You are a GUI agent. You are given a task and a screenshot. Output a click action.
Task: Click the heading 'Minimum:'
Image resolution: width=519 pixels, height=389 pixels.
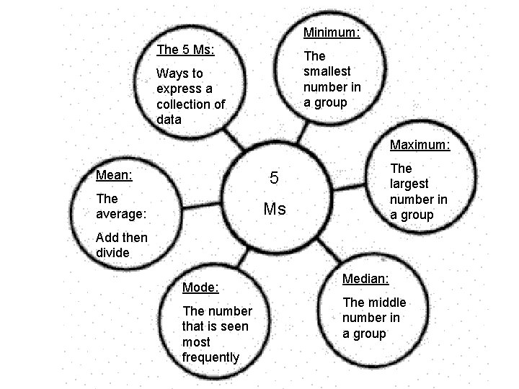coord(332,32)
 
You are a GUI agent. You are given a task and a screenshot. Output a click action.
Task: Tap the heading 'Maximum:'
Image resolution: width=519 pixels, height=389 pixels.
coord(420,145)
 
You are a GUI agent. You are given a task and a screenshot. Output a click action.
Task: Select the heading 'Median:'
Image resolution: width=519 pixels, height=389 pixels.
coord(365,278)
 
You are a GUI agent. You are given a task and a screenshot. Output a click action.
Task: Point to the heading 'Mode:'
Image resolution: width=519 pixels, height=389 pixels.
coord(200,287)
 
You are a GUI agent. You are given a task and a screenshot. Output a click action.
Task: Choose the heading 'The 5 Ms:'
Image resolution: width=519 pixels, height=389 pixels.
coord(185,50)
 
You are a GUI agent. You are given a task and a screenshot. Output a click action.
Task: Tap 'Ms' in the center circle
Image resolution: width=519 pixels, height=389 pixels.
coord(275,210)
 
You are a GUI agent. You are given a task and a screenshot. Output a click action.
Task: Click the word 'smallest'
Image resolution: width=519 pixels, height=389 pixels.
coord(327,71)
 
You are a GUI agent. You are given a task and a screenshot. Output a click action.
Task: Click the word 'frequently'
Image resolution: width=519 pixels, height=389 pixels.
coord(210,357)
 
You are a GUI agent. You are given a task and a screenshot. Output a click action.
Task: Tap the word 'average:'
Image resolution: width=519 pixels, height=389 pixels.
coord(121,214)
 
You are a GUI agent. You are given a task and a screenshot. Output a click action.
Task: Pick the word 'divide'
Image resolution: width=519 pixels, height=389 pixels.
coord(112,252)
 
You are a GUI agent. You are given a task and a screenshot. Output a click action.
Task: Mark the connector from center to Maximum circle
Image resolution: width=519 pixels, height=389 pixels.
coord(350,186)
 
